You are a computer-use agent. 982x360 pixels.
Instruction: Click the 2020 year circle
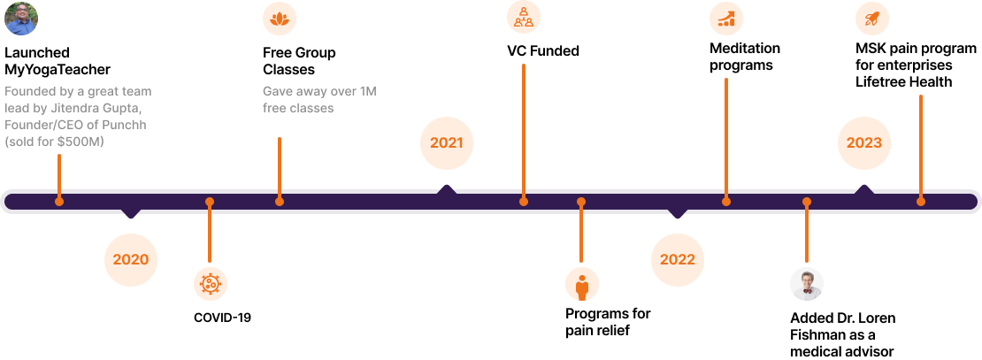coord(131,260)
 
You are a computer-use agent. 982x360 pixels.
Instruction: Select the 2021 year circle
coord(447,142)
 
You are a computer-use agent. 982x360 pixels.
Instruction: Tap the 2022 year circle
coord(678,260)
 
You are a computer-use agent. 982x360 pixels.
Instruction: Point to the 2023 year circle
coord(863,142)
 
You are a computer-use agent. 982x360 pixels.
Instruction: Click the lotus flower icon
coord(280,19)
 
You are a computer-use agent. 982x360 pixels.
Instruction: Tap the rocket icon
coord(872,19)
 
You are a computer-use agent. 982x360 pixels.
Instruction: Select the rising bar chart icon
coord(726,19)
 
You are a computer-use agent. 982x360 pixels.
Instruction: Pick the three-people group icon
coord(524,17)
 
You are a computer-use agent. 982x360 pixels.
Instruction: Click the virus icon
coord(211,284)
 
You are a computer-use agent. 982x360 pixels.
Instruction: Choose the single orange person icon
coord(582,285)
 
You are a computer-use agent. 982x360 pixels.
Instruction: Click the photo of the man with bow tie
coord(807,284)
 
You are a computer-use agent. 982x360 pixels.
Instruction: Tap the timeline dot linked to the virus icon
coord(210,202)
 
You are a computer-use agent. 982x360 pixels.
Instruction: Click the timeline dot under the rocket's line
coord(921,202)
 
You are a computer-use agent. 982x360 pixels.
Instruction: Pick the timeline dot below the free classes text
coord(280,202)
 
